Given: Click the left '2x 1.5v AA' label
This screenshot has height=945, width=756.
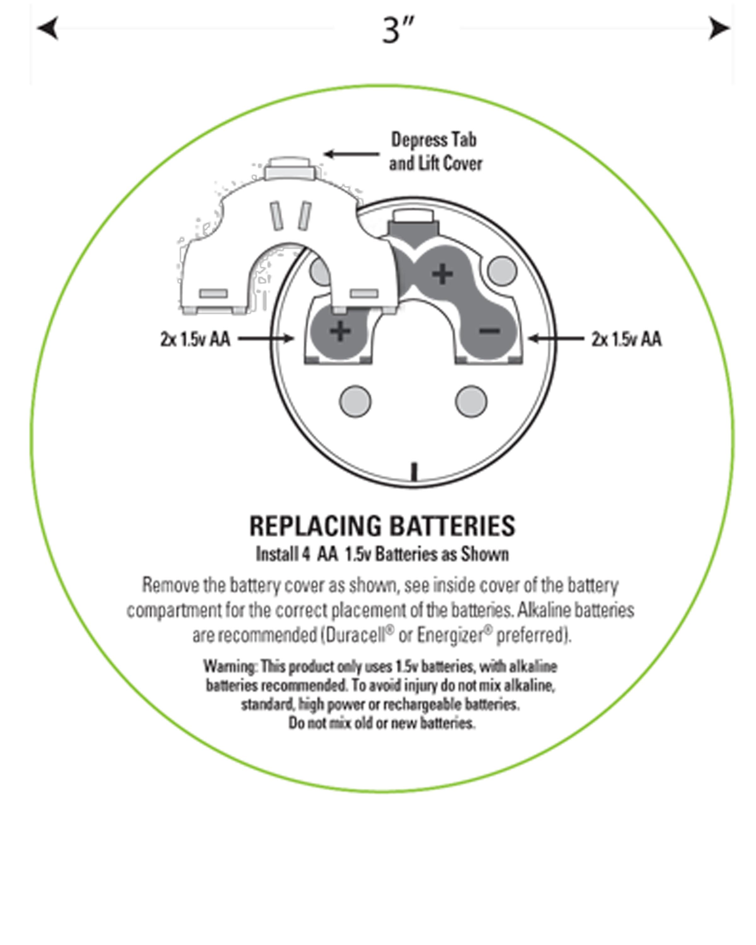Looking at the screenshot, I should pyautogui.click(x=195, y=339).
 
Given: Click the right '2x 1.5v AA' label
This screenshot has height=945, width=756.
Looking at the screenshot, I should pyautogui.click(x=626, y=339).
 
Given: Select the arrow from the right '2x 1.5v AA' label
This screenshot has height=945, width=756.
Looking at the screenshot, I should pyautogui.click(x=556, y=338).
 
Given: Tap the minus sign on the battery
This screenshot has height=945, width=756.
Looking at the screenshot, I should pyautogui.click(x=489, y=331).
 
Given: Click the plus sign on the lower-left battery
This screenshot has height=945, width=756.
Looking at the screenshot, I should pyautogui.click(x=340, y=331).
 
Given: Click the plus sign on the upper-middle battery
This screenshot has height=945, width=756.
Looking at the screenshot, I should pyautogui.click(x=442, y=274).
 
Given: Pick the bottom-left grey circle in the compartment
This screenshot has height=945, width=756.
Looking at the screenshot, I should pyautogui.click(x=355, y=401).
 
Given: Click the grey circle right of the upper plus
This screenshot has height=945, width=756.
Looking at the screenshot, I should pyautogui.click(x=502, y=271).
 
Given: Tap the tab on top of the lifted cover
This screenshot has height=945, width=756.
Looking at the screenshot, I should pyautogui.click(x=289, y=169).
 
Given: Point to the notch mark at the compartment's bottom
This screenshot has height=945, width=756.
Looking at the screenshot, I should pyautogui.click(x=414, y=472).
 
